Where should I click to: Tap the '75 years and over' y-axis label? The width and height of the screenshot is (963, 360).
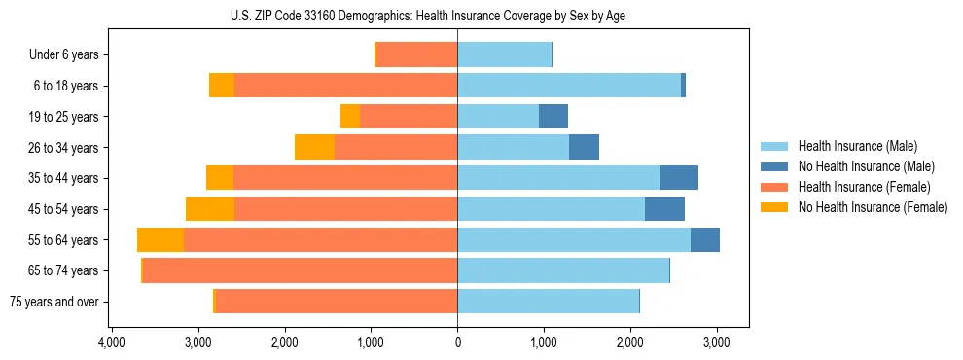pos(53,302)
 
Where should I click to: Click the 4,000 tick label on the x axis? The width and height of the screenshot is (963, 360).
pos(112,342)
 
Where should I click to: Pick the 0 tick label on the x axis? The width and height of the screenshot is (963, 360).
pos(457,342)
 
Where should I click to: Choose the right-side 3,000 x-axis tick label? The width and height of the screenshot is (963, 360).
pos(716,342)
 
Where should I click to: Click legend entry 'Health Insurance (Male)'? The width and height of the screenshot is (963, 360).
pos(858,146)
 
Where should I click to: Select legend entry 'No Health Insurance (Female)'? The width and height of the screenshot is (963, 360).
pos(873,207)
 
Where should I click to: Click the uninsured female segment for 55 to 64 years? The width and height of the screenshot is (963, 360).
pos(160,240)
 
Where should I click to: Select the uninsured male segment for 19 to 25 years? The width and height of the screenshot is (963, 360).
pos(553,117)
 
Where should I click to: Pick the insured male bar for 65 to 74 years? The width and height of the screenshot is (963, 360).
pos(563,270)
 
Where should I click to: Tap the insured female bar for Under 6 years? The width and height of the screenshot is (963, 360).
pos(416,55)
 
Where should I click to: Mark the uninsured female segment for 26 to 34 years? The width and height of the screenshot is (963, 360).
pos(314,148)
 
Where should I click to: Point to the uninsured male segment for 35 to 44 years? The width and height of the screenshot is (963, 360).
pos(679,178)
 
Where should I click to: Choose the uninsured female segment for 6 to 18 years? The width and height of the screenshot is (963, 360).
pos(222,86)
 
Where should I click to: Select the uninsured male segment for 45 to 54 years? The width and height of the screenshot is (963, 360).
pos(664,209)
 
